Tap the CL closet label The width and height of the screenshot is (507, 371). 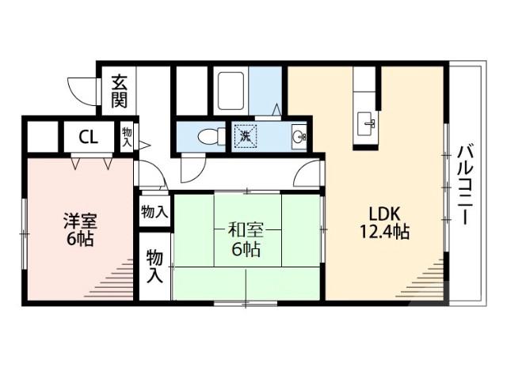pyautogui.click(x=88, y=136)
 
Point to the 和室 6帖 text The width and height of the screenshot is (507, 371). pyautogui.click(x=245, y=240)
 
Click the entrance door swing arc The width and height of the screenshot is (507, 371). pyautogui.click(x=82, y=89)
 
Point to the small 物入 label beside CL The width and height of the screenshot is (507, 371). pyautogui.click(x=128, y=136)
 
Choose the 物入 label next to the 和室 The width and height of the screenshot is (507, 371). pyautogui.click(x=154, y=212)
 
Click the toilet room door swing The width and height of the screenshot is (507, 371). pyautogui.click(x=193, y=167)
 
